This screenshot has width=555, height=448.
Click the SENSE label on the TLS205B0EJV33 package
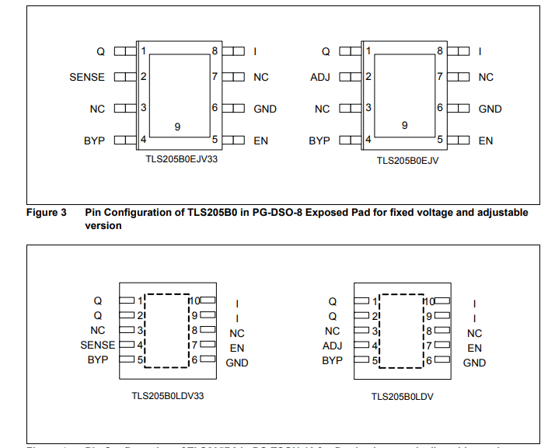pos(86,77)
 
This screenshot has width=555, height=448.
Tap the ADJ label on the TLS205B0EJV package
pos(320,77)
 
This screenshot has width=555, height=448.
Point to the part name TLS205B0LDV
pos(402,396)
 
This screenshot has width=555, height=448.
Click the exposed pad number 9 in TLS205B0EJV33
pos(177,126)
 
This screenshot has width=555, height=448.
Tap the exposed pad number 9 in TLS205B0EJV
pos(404,125)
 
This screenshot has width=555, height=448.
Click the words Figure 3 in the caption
pos(47,212)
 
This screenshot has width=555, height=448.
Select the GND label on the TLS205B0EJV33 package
pos(265,109)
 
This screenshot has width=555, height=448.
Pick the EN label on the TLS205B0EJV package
pos(486,141)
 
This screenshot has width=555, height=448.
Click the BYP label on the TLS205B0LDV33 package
pos(98,360)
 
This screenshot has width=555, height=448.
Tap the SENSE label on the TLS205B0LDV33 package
pos(97,345)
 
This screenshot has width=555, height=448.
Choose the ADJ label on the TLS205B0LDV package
pos(332,346)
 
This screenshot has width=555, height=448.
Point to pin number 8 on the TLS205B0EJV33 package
pos(215,50)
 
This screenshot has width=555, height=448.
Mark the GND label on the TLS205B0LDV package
pos(474,363)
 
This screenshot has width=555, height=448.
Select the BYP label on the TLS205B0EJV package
pos(319,141)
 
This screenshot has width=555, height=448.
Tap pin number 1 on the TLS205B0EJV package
pos(368,51)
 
